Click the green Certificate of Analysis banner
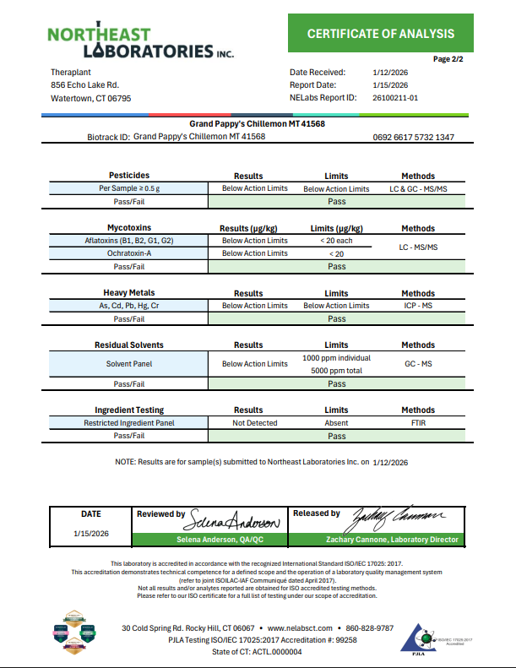(380, 34)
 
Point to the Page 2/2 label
(448, 59)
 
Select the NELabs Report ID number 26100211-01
(395, 98)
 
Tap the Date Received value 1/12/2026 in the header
(390, 73)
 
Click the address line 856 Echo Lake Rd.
(84, 85)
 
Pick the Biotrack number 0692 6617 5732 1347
(413, 137)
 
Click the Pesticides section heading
(128, 176)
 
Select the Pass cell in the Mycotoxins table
(336, 267)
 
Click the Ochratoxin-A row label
(128, 253)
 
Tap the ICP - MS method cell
(418, 306)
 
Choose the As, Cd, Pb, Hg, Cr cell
(128, 306)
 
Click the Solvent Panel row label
(128, 364)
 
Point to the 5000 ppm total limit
(336, 370)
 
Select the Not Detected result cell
(254, 422)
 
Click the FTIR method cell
(418, 422)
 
